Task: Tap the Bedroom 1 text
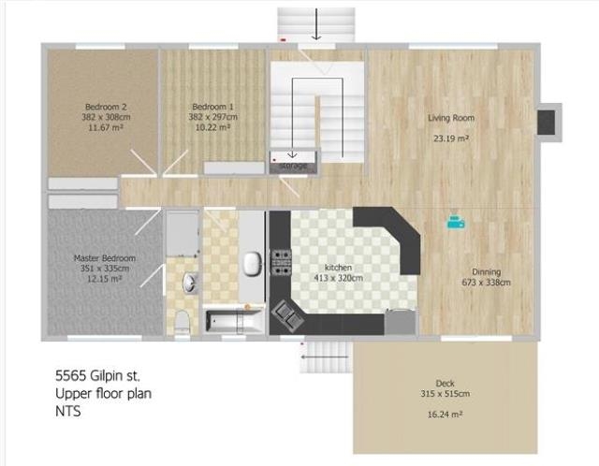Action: click(213, 107)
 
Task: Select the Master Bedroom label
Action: click(105, 257)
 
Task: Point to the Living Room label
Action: click(450, 118)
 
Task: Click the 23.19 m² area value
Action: click(450, 138)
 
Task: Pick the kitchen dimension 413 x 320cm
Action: click(337, 278)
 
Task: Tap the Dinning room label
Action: click(486, 271)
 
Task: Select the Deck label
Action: click(445, 383)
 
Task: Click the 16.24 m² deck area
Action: click(446, 413)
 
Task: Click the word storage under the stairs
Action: click(294, 166)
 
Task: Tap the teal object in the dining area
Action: click(455, 221)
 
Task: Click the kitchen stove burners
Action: click(280, 261)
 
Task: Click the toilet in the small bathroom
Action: click(182, 321)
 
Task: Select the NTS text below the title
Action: click(68, 410)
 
